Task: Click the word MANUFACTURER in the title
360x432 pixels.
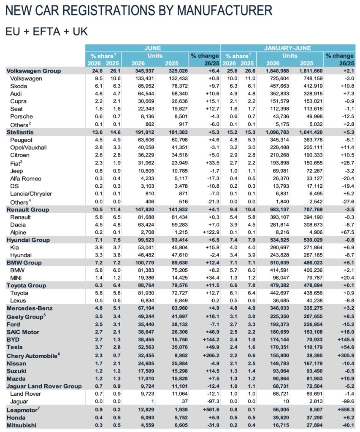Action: [x=225, y=11]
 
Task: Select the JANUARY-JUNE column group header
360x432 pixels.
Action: [x=287, y=48]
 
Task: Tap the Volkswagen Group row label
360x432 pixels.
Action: [x=34, y=71]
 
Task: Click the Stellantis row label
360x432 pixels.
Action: [x=20, y=132]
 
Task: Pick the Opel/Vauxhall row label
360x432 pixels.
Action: [x=28, y=147]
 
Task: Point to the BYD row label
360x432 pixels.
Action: [x=13, y=340]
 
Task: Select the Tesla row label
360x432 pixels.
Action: [x=15, y=347]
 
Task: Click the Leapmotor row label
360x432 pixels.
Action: [x=23, y=410]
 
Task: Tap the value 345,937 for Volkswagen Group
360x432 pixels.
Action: [x=145, y=71]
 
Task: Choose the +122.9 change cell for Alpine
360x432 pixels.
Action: [x=211, y=232]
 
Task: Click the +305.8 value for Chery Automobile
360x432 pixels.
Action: [x=346, y=355]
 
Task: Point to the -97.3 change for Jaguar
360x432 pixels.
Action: [x=214, y=402]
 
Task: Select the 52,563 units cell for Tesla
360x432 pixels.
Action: [x=146, y=347]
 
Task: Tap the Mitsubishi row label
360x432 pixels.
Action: [x=22, y=425]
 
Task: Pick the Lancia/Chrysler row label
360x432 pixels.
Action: [x=31, y=194]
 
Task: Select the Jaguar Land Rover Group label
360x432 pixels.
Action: [x=44, y=386]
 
